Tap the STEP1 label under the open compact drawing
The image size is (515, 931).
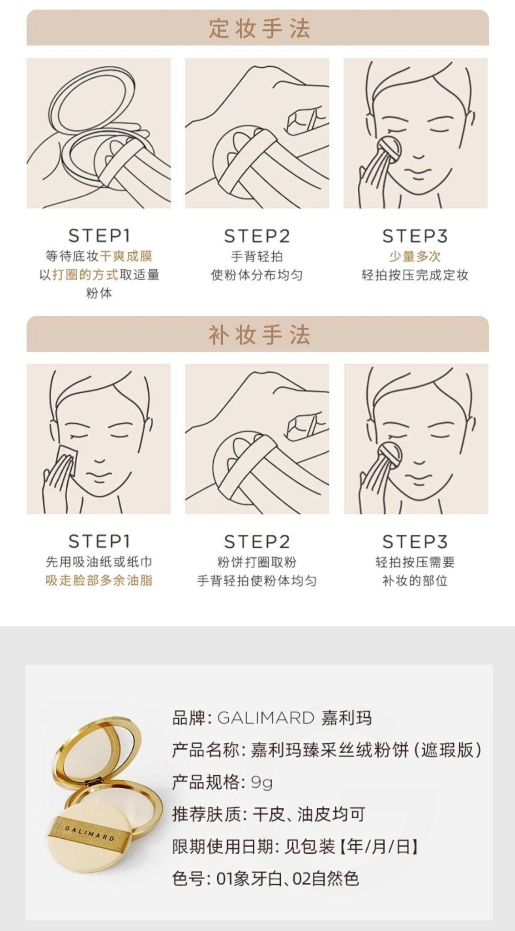click(99, 235)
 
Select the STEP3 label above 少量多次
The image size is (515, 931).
click(415, 235)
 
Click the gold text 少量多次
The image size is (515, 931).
click(415, 256)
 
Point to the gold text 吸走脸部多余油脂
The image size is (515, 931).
click(99, 581)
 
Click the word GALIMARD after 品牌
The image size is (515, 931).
click(265, 718)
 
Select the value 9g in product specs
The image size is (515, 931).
click(262, 782)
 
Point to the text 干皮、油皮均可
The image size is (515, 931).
click(309, 815)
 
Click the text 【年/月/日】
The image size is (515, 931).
click(377, 846)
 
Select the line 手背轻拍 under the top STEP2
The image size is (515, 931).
click(257, 256)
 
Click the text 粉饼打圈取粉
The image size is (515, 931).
click(257, 562)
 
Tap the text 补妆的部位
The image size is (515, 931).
click(415, 581)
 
